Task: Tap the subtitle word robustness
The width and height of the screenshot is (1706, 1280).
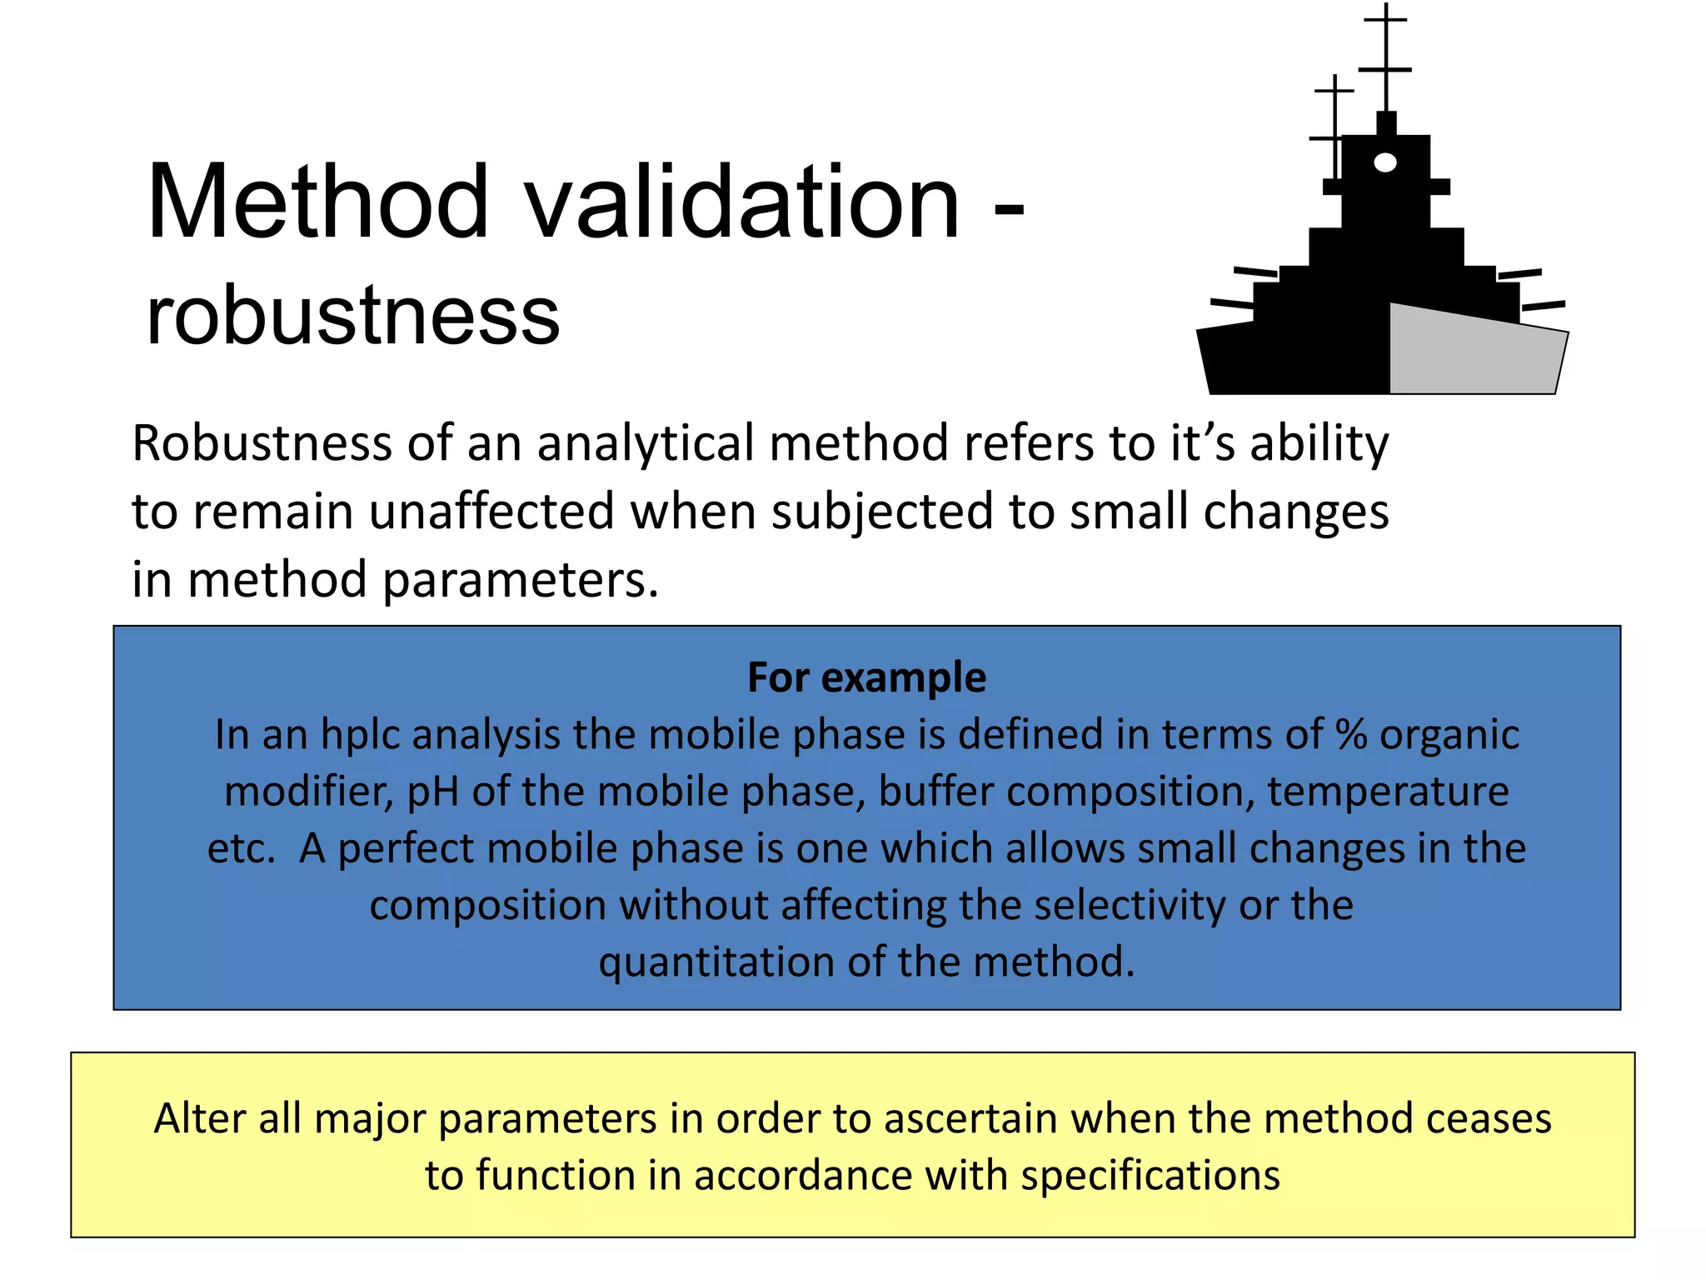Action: (353, 317)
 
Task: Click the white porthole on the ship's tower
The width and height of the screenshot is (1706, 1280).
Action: (1384, 162)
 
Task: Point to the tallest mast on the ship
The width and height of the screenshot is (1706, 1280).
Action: (1385, 58)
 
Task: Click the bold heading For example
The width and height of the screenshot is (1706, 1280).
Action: (866, 677)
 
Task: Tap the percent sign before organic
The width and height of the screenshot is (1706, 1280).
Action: (1351, 734)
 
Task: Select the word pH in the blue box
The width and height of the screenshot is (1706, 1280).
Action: (433, 792)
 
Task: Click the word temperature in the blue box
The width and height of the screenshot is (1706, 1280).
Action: (1388, 792)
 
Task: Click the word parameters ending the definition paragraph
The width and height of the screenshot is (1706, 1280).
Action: (520, 580)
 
